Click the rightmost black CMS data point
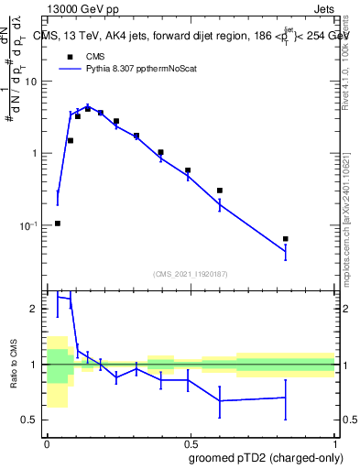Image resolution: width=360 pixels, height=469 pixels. click(286, 239)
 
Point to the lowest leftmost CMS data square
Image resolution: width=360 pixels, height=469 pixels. click(58, 224)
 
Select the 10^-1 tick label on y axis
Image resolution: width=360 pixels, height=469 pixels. click(33, 224)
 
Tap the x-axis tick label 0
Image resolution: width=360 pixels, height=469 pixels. click(47, 442)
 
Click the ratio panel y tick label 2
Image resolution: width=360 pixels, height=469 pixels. click(38, 310)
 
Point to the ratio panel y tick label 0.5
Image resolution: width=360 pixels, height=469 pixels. click(34, 420)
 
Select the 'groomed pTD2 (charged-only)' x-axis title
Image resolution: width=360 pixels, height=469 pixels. click(265, 457)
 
